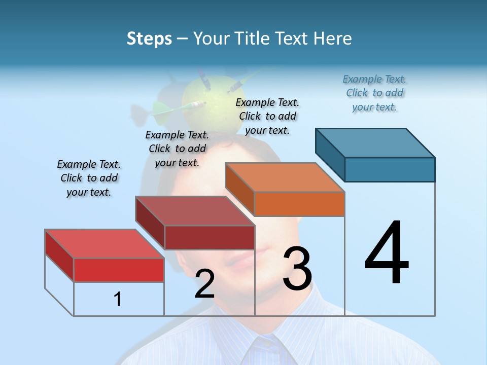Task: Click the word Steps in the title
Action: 149,39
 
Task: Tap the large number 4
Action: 387,253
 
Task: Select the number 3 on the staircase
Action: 297,269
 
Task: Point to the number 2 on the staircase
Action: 204,284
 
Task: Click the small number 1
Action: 117,300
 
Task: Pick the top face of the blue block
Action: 375,142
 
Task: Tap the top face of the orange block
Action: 285,177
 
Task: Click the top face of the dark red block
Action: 195,211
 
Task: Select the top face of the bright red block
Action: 105,244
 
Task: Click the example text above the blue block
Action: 374,93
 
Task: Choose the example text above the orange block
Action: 267,117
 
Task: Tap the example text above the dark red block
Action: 177,149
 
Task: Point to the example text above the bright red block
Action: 89,178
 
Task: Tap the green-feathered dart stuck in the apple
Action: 178,106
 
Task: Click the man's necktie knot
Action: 264,350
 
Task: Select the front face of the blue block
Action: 390,169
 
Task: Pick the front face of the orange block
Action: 299,204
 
